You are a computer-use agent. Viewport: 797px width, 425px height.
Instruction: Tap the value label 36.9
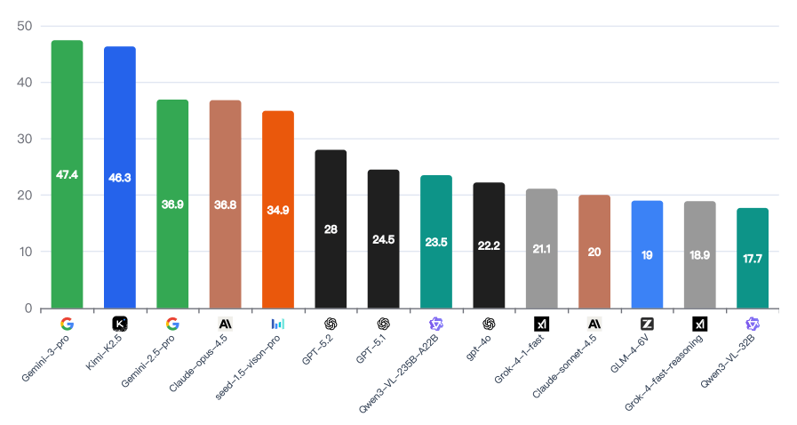(x=172, y=204)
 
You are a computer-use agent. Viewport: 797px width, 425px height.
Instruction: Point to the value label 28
(x=331, y=229)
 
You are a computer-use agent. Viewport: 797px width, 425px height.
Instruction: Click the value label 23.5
(x=436, y=241)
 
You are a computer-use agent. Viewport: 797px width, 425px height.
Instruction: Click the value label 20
(x=594, y=252)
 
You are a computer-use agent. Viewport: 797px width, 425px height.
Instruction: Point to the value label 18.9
(x=700, y=255)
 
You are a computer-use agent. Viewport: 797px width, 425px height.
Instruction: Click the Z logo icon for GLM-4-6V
(x=647, y=324)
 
